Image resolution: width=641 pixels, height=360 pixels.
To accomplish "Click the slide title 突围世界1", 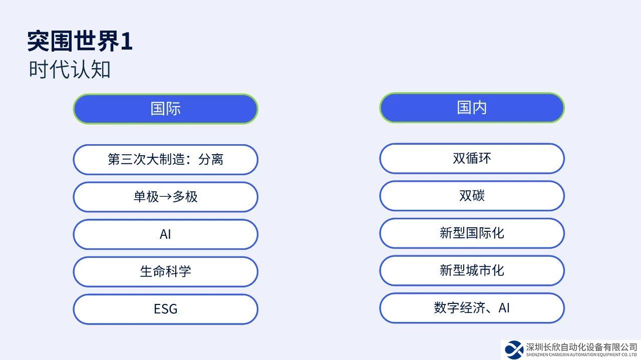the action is [80, 41].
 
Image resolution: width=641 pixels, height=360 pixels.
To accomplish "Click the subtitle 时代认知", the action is [70, 69].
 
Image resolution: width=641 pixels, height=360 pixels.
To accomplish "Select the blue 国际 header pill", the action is [165, 109].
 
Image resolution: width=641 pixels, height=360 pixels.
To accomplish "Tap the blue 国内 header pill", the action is [472, 108].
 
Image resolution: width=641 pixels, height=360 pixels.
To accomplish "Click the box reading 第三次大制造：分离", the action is [165, 159].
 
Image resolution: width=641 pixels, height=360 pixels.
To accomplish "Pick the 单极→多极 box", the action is [165, 197].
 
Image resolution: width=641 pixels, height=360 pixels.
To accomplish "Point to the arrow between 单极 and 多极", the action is [165, 197].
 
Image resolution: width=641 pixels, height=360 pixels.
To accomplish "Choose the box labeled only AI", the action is [165, 234].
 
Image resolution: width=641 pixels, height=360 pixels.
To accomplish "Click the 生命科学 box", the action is [165, 271].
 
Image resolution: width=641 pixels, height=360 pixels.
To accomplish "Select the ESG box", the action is [165, 309].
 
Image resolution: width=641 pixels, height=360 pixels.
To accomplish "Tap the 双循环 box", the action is [472, 158].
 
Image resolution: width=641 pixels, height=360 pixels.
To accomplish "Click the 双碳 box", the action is [472, 196].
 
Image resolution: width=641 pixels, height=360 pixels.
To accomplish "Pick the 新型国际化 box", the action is [472, 233].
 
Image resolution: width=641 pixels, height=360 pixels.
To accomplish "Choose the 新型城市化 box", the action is [472, 270].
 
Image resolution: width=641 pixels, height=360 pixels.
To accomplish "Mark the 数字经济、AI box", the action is [472, 308].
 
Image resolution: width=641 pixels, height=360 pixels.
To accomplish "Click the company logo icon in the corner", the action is [514, 349].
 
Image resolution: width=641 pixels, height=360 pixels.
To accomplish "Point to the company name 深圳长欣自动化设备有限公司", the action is [581, 347].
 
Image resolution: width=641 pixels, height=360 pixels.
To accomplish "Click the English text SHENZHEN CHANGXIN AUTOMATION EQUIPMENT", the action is [573, 355].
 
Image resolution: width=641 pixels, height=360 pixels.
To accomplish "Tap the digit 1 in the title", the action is [126, 42].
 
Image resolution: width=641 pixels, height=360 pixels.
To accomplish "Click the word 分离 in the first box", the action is [211, 159].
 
